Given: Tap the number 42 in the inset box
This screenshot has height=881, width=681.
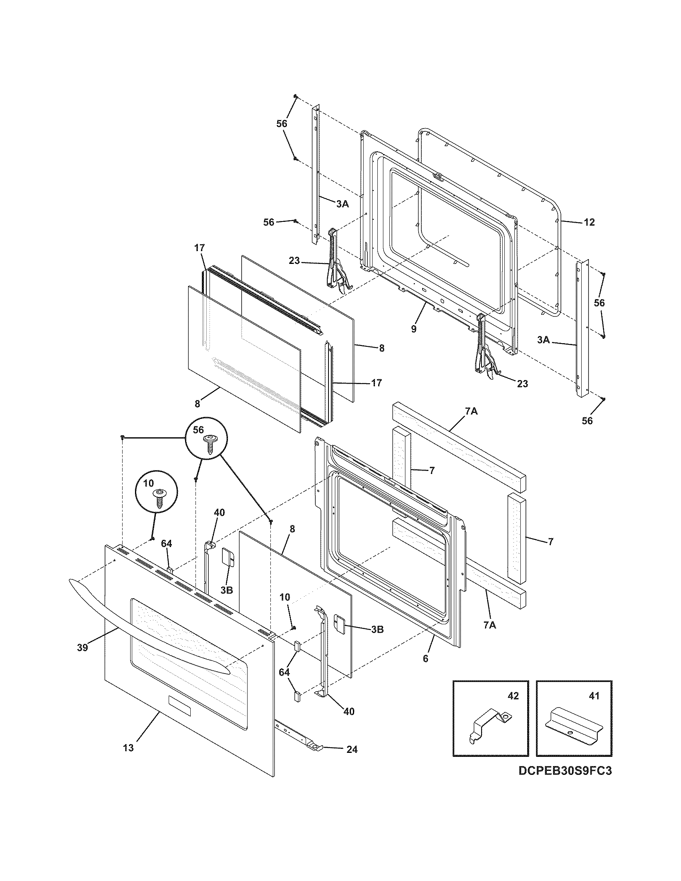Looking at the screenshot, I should pyautogui.click(x=513, y=696).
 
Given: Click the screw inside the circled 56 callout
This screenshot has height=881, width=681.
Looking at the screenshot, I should pyautogui.click(x=210, y=443).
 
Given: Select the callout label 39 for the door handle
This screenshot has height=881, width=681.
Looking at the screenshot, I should pyautogui.click(x=83, y=648).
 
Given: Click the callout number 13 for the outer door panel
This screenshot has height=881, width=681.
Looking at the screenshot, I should pyautogui.click(x=128, y=748).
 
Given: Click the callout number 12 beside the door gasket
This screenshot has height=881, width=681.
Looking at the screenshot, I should pyautogui.click(x=589, y=222).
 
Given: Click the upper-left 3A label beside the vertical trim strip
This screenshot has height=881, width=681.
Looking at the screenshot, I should pyautogui.click(x=342, y=204).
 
